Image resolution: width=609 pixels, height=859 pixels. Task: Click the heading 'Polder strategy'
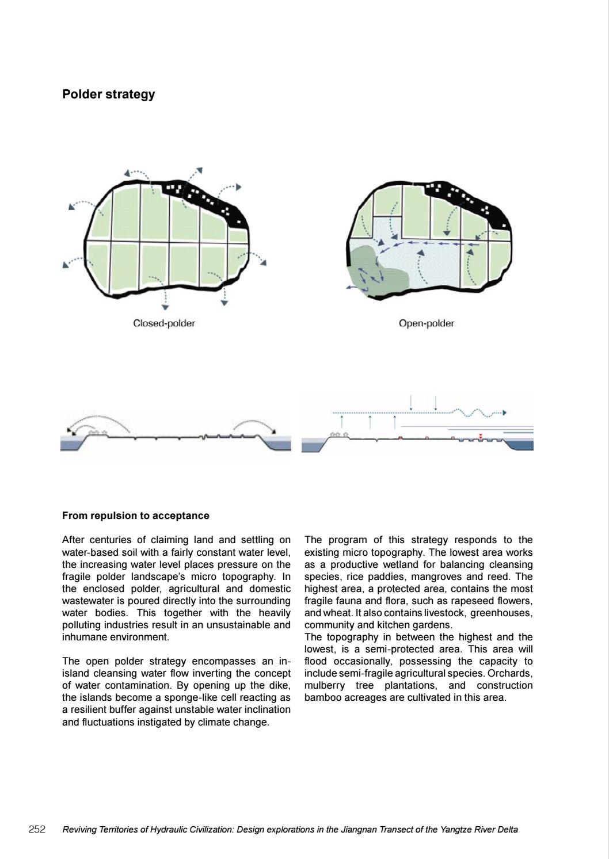[108, 94]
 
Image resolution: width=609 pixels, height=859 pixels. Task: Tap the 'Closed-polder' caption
[164, 323]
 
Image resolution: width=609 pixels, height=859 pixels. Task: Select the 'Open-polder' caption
[426, 323]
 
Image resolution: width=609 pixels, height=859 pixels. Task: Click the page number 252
[37, 830]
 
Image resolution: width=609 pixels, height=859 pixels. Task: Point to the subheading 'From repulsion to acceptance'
[135, 516]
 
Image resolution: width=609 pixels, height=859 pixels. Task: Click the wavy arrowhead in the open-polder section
[504, 413]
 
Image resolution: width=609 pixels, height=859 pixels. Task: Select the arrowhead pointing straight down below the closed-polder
[165, 307]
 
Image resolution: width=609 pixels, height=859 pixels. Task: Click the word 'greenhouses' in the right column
[506, 613]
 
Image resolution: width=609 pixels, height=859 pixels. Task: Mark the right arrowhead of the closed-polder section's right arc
[274, 431]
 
